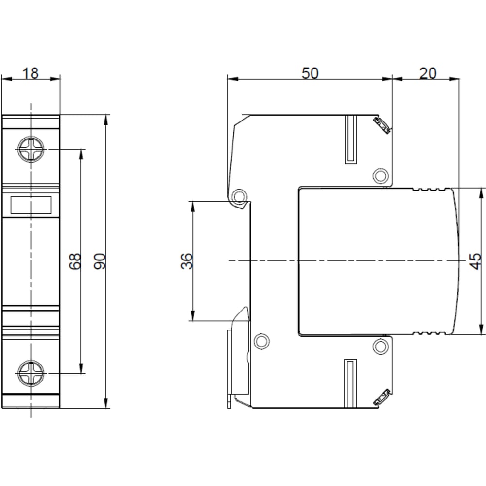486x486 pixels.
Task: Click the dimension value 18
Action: [31, 73]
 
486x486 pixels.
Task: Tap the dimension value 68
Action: [75, 261]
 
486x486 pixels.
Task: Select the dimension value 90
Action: [100, 261]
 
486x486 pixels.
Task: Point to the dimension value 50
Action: [310, 73]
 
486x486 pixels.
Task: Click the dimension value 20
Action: [428, 73]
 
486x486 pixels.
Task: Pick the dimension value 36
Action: [187, 261]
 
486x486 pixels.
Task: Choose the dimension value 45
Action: [475, 261]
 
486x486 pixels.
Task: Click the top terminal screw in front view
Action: [31, 149]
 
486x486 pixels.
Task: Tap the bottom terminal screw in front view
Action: [31, 373]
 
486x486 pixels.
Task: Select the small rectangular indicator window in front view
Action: [31, 205]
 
